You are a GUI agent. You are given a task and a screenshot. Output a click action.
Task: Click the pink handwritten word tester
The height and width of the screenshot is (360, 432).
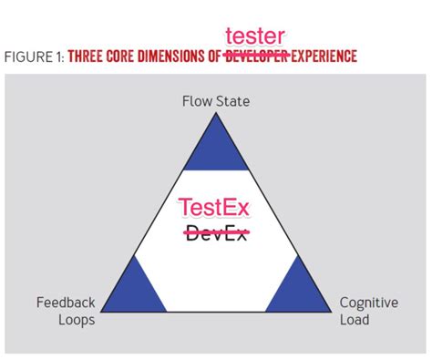point(255,36)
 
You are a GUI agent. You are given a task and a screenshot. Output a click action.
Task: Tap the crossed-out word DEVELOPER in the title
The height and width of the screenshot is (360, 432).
point(256,57)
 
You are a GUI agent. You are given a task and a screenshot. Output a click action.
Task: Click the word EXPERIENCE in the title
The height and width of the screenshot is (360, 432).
point(323,57)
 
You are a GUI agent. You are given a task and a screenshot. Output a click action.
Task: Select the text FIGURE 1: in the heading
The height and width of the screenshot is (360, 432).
point(34,57)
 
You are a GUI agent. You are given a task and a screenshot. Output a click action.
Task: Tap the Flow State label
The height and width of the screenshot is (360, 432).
point(215,101)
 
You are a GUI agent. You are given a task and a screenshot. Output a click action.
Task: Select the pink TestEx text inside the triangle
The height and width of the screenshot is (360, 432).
point(214,209)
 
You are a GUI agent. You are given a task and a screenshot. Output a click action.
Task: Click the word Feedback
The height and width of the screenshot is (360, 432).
point(66,303)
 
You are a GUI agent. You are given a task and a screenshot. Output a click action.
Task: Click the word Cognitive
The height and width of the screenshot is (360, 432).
point(367,303)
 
